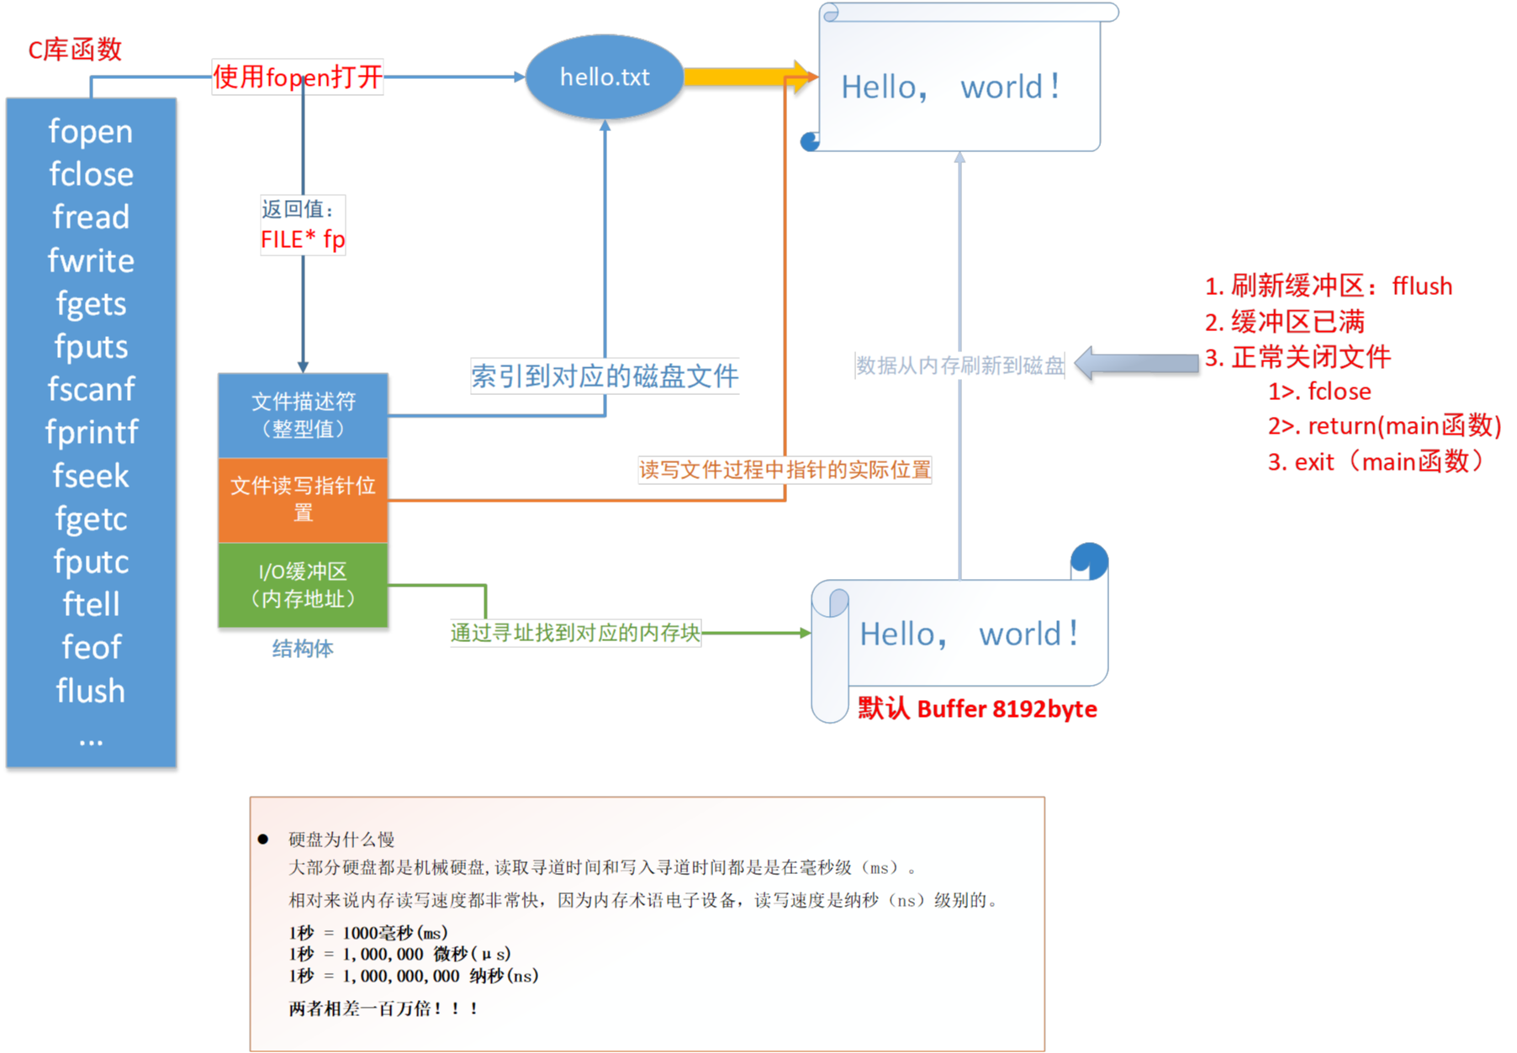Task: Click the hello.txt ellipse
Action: pos(604,77)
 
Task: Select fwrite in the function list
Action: pos(91,261)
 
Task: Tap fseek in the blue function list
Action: pos(91,476)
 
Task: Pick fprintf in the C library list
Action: pos(91,432)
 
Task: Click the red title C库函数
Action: pos(76,50)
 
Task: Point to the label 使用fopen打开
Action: pos(298,77)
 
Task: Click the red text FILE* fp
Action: pos(303,240)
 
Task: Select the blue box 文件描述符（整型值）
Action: pos(303,415)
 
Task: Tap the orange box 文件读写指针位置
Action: pos(303,499)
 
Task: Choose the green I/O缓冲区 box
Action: pos(303,585)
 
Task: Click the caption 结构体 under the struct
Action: pos(303,649)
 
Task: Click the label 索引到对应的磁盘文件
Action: pos(605,376)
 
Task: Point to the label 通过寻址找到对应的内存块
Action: pos(575,633)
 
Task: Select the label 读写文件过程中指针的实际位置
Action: pos(785,470)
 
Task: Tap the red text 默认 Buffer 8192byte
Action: pos(977,709)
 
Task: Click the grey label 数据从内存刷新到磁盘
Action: pos(959,366)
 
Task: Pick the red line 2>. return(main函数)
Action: pos(1384,426)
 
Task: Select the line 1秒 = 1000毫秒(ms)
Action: pos(368,933)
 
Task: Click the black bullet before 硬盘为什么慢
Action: pos(263,839)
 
